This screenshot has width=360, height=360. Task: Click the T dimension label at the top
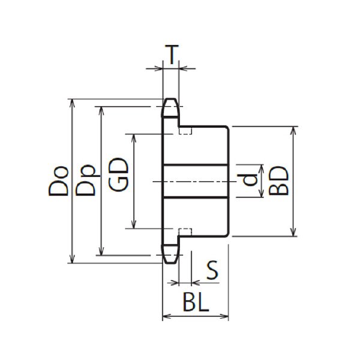172,55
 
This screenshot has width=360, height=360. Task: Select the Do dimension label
58,181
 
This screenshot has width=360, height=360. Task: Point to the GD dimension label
118,174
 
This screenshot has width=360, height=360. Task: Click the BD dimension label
278,181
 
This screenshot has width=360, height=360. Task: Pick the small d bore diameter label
250,180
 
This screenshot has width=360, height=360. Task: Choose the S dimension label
212,270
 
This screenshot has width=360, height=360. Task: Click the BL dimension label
196,302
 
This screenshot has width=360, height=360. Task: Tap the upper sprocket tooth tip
171,100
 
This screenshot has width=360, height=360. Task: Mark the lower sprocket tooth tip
171,263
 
